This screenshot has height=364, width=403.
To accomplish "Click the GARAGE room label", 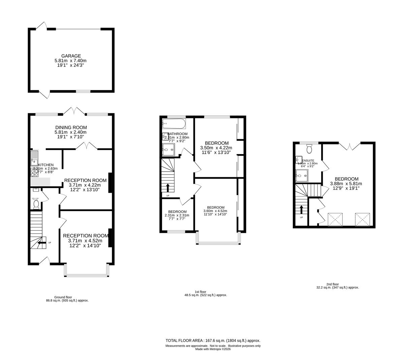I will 71,56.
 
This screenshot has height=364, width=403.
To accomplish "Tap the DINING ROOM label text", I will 71,127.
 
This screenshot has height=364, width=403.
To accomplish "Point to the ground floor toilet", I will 36,205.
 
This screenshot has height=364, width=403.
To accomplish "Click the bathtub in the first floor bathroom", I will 174,124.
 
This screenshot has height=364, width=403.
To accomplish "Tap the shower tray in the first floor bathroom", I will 168,150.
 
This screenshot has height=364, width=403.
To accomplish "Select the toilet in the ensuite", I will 309,149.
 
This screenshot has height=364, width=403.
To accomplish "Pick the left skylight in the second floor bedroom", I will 335,219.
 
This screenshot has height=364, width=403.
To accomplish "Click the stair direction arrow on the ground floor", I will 41,242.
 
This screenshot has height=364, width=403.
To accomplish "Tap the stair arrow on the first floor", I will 168,187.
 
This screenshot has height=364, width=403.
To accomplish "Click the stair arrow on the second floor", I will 301,210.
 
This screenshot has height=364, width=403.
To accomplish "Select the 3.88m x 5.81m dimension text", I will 346,184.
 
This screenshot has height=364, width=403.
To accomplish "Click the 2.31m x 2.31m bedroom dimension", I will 177,215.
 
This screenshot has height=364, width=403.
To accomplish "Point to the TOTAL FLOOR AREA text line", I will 213,341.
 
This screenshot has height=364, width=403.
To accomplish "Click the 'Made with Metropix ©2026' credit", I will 213,349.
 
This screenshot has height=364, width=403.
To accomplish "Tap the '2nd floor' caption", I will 333,284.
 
